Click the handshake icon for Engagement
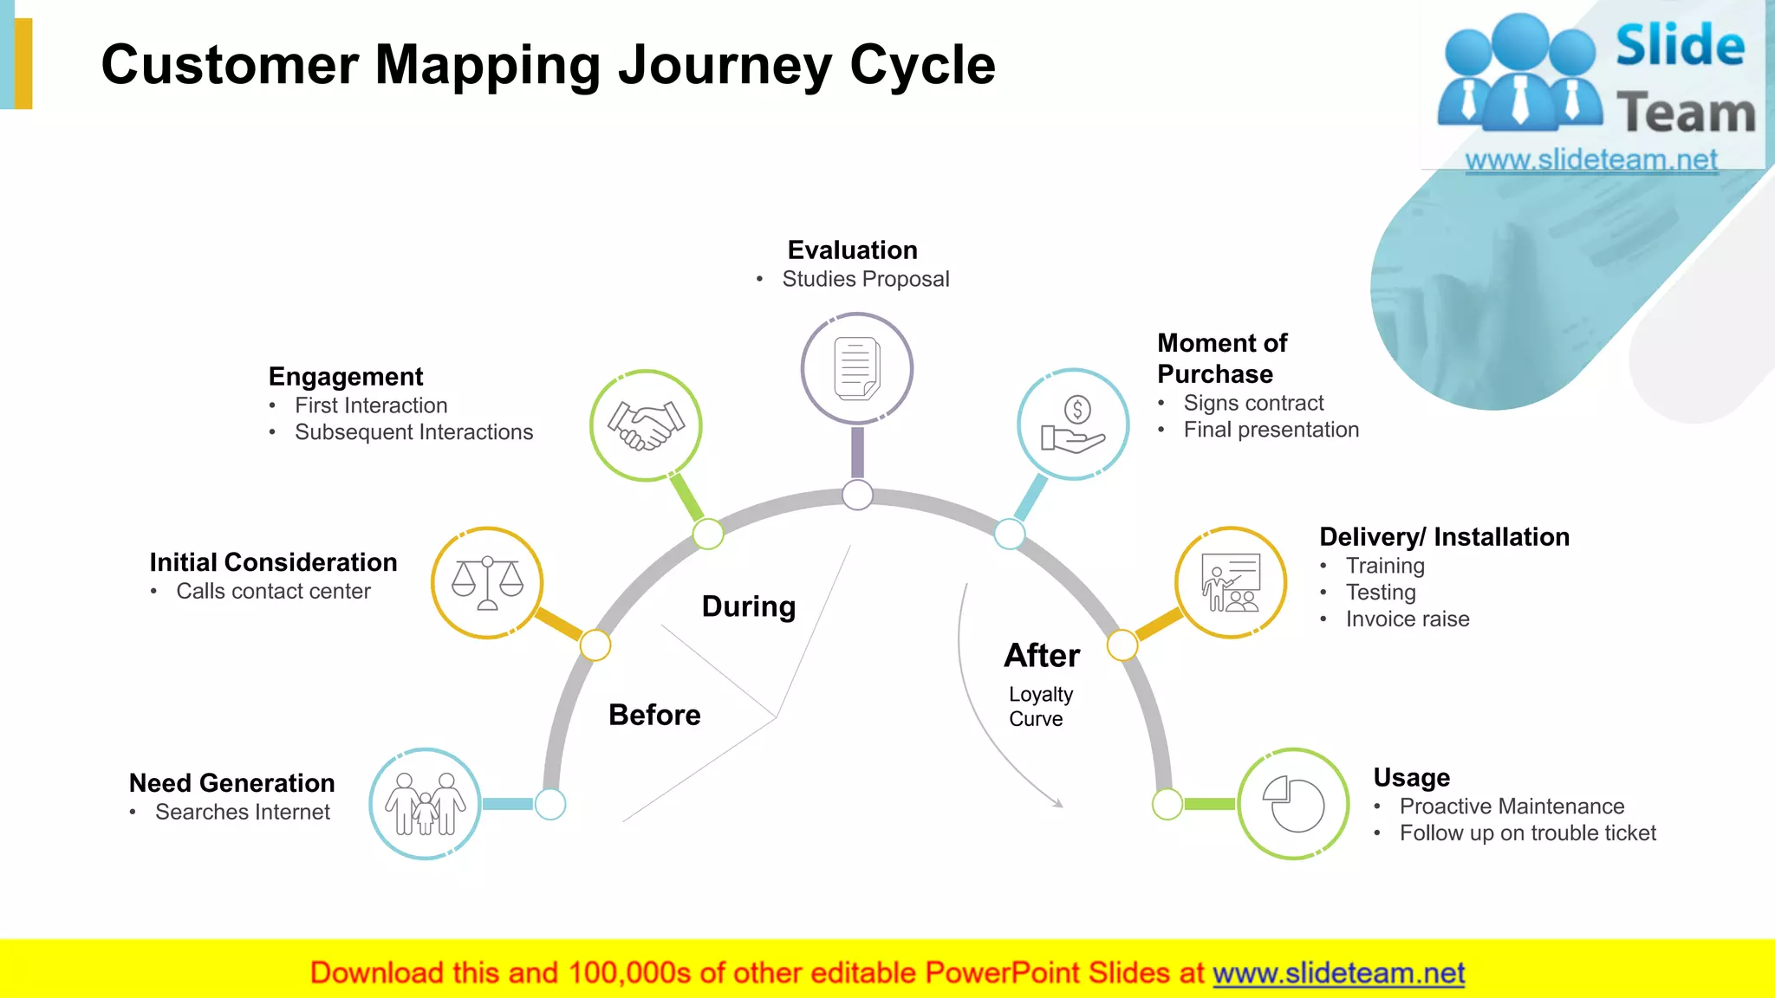coord(646,425)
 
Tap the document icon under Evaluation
coord(856,368)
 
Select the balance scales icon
coord(487,583)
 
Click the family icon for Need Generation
coord(425,804)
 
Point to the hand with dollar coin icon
coord(1073,424)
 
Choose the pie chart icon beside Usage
coord(1293,804)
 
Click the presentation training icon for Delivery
coord(1231,583)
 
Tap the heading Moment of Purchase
coord(1222,359)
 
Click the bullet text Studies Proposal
coord(865,279)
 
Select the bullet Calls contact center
coord(273,592)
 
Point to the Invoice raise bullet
coord(1408,619)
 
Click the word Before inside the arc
coord(654,716)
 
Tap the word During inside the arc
coord(749,606)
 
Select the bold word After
coord(1042,656)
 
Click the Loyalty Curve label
coord(1040,707)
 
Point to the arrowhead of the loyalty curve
coord(1058,804)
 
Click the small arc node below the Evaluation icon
coord(857,496)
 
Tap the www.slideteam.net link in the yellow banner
coord(1338,974)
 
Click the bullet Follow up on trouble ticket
coord(1527,833)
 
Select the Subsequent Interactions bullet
coord(413,432)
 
